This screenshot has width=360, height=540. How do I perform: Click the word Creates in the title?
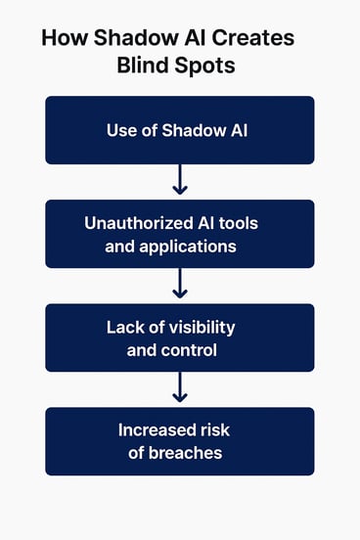click(x=248, y=40)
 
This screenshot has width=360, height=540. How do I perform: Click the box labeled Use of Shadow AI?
click(x=179, y=130)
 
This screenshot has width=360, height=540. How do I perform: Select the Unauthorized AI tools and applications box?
click(x=179, y=234)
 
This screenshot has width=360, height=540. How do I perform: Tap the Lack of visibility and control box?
click(x=179, y=337)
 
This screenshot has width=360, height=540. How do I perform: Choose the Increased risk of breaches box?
click(x=179, y=441)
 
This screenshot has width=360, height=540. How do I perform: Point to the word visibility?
click(x=202, y=327)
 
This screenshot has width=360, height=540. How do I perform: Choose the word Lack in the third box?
click(x=125, y=327)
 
